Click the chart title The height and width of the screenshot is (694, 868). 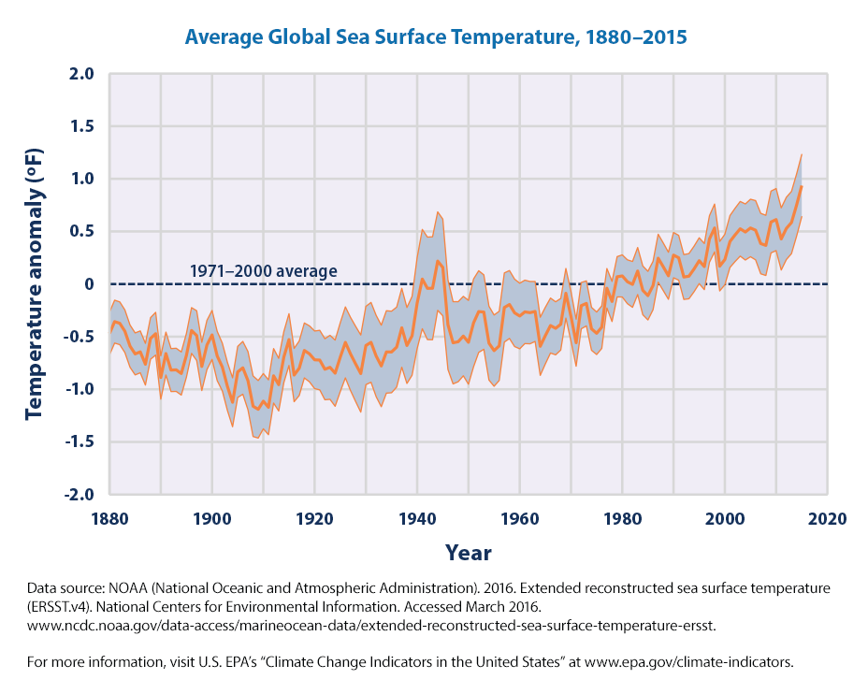pos(435,37)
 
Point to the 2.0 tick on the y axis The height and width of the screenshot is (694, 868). pos(81,74)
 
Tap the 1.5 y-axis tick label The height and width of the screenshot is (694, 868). pos(81,126)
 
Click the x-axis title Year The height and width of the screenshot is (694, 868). pos(469,552)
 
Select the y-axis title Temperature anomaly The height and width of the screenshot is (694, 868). pos(36,283)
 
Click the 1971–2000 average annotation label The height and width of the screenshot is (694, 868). pos(263,271)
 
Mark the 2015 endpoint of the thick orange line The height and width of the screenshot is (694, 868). pos(802,186)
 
